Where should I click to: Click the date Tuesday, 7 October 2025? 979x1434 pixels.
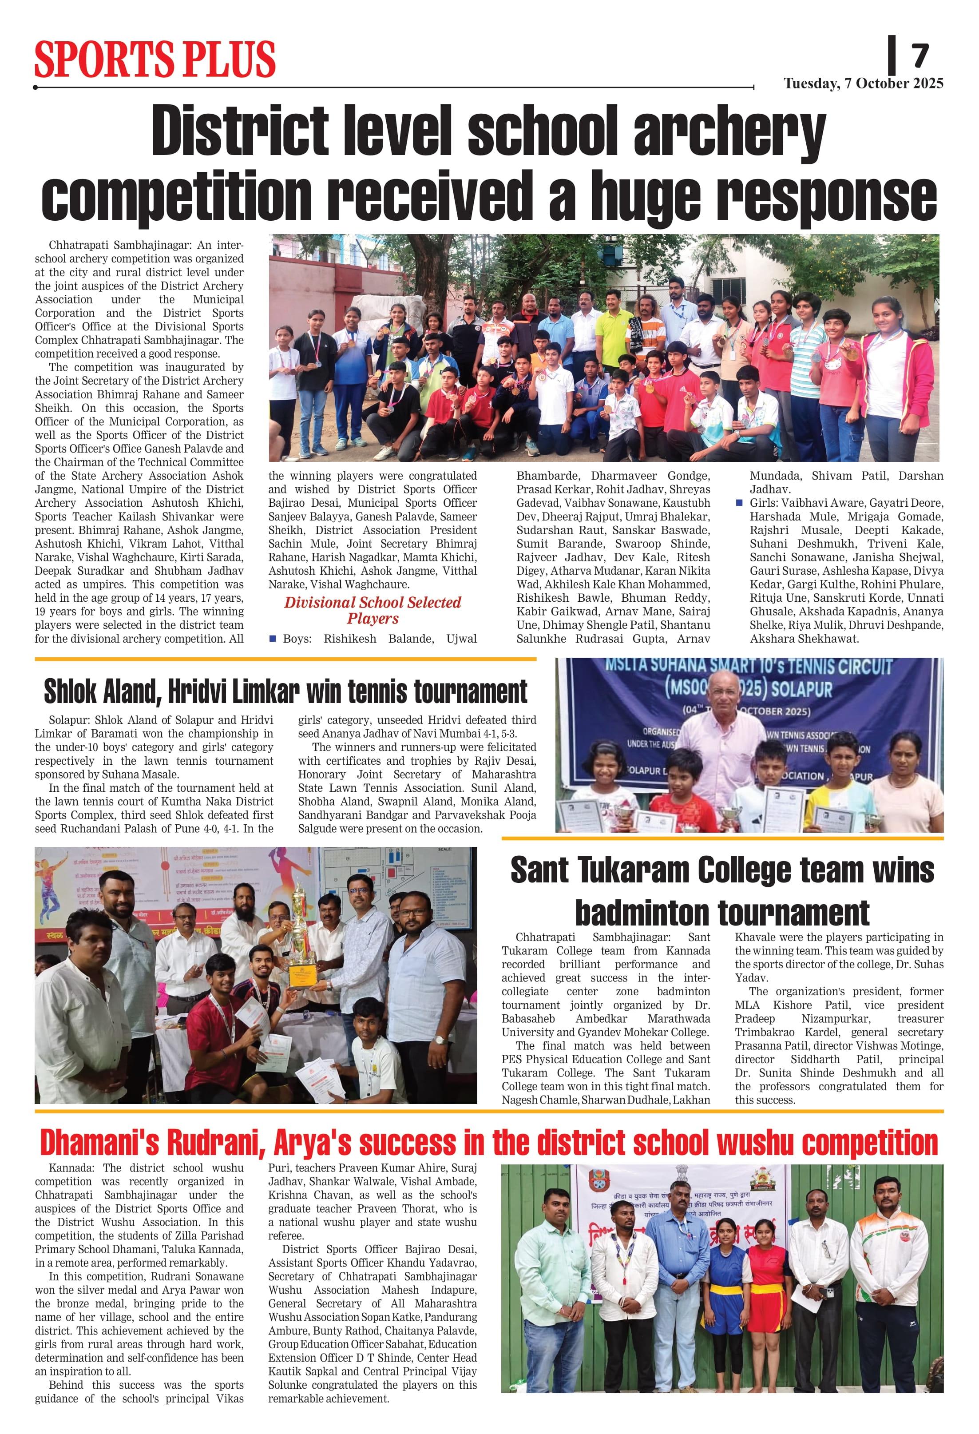pyautogui.click(x=863, y=83)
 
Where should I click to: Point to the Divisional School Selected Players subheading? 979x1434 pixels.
pyautogui.click(x=373, y=610)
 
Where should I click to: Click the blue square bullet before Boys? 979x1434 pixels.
pyautogui.click(x=273, y=639)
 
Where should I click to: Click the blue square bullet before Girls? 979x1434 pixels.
pyautogui.click(x=739, y=503)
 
